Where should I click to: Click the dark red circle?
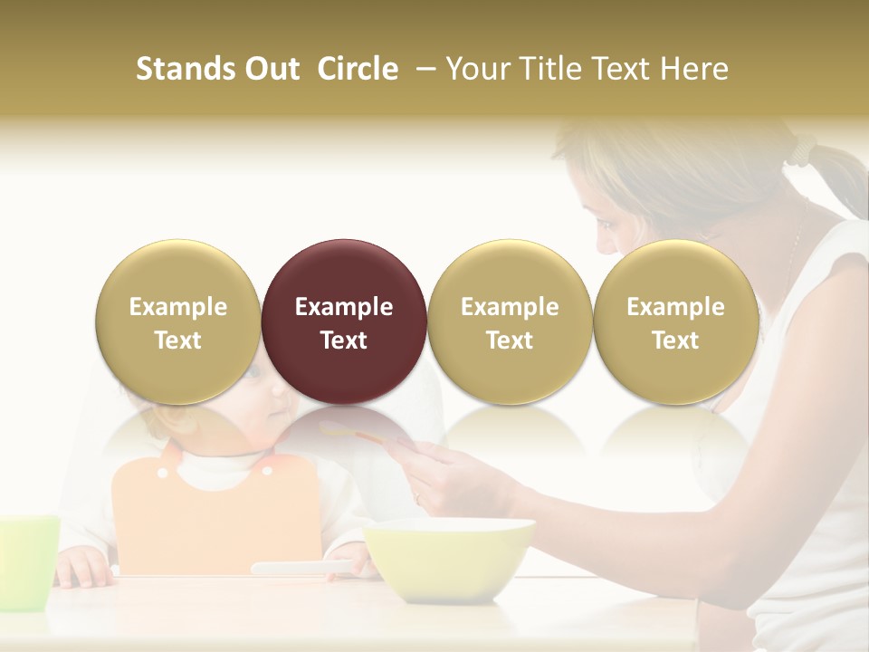pyautogui.click(x=343, y=321)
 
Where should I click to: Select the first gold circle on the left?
pyautogui.click(x=177, y=321)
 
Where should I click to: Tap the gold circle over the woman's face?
pyautogui.click(x=675, y=321)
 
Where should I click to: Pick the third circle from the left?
pyautogui.click(x=510, y=321)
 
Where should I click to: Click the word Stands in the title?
pyautogui.click(x=186, y=69)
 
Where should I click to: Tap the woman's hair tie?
pyautogui.click(x=801, y=150)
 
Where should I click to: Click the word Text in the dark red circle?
pyautogui.click(x=343, y=340)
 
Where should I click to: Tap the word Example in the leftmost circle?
pyautogui.click(x=177, y=307)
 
